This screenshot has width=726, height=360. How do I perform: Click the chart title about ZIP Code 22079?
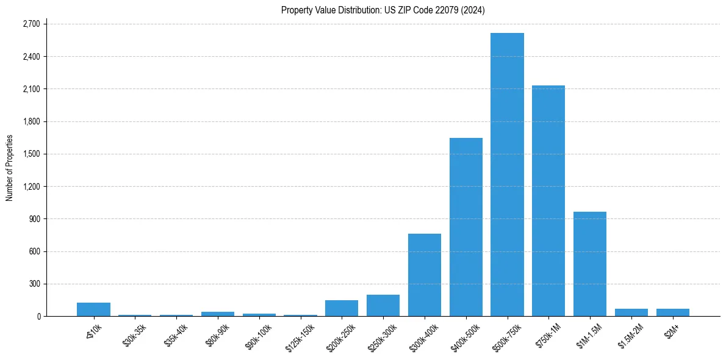tap(383, 10)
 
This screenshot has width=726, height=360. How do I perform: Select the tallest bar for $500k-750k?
tap(507, 175)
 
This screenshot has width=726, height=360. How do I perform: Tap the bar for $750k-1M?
tap(548, 201)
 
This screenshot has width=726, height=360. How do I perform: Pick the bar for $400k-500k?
tap(466, 227)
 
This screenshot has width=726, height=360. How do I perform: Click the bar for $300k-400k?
tap(425, 275)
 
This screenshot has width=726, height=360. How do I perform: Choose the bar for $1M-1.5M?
tap(590, 264)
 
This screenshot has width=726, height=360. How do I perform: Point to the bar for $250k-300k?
tap(383, 305)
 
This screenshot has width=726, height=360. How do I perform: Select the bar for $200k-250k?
tap(342, 308)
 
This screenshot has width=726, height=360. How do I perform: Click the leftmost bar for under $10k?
tap(93, 309)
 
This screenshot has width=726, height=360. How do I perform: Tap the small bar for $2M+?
tap(673, 312)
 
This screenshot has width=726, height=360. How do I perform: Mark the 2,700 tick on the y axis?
tap(31, 24)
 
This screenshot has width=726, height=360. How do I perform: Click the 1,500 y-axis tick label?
tap(31, 154)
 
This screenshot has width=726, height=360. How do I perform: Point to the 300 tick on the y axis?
tap(34, 284)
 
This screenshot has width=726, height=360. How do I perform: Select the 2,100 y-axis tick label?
tap(31, 89)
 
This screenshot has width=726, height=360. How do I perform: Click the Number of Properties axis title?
tap(9, 167)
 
